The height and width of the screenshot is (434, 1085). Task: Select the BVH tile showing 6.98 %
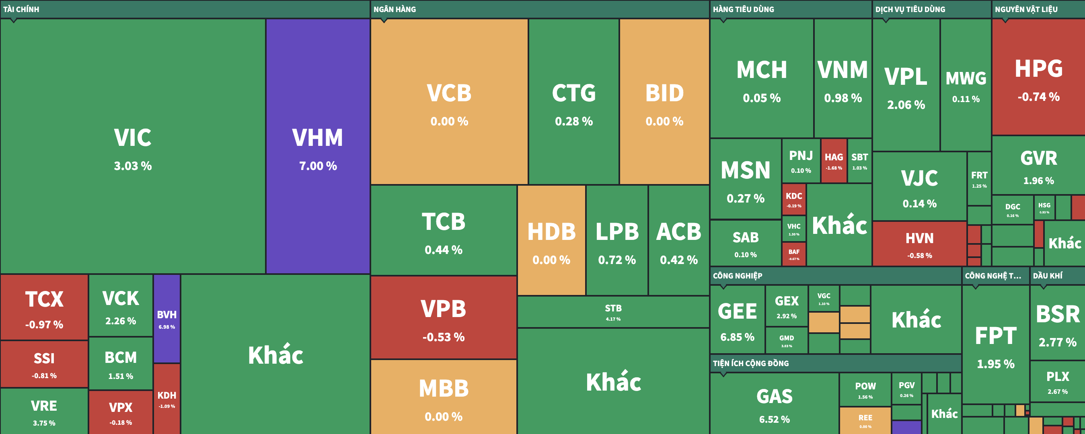click(x=167, y=319)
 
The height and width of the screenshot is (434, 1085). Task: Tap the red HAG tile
click(x=834, y=161)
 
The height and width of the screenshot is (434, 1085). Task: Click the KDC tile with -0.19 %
click(x=793, y=199)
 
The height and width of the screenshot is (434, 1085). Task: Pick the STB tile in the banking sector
click(x=613, y=311)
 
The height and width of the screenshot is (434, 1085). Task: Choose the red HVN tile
click(x=919, y=244)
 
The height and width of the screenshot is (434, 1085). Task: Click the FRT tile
click(x=979, y=178)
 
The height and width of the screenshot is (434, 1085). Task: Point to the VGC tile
click(x=824, y=298)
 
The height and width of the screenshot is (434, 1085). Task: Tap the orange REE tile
click(x=865, y=420)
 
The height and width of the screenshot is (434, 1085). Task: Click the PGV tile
click(x=906, y=389)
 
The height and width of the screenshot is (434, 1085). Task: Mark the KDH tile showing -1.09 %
click(x=167, y=398)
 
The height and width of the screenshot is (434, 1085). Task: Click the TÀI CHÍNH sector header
click(x=21, y=9)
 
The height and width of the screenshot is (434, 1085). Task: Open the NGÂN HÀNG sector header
click(x=395, y=9)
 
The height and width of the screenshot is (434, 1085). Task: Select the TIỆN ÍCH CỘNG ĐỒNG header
click(x=750, y=363)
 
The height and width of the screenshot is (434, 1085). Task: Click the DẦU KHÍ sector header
click(x=1048, y=276)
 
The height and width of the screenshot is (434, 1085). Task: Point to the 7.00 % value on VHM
click(x=318, y=166)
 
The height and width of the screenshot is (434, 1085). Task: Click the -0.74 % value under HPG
click(x=1038, y=97)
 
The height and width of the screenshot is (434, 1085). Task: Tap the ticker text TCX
click(x=44, y=299)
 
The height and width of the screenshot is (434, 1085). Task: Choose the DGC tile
click(x=1013, y=209)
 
